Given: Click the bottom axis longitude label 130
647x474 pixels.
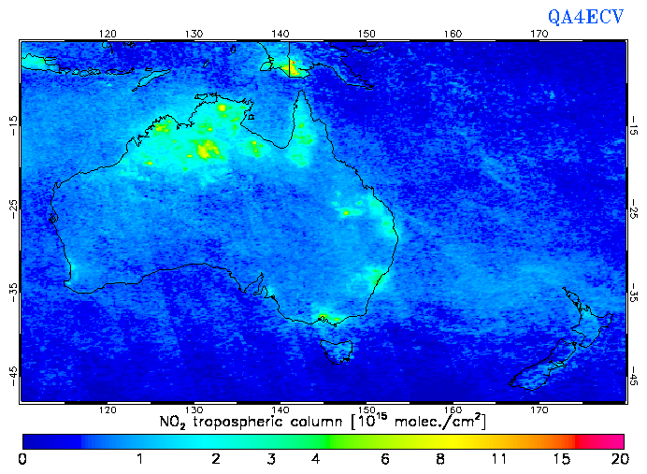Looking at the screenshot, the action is tap(194, 409).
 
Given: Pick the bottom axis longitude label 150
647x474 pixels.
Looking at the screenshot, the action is tap(367, 409).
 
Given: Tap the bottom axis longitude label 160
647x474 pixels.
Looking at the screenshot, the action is tap(453, 409).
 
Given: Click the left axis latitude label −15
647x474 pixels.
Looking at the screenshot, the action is tap(12, 124).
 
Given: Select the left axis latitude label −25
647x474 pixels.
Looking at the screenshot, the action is tap(12, 208).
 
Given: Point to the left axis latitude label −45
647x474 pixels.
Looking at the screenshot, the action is tap(12, 374).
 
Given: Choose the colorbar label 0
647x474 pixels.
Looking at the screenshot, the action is tap(22, 459).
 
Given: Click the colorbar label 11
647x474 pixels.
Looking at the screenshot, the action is tap(500, 459).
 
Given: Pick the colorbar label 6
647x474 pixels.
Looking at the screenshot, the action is tap(385, 459).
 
